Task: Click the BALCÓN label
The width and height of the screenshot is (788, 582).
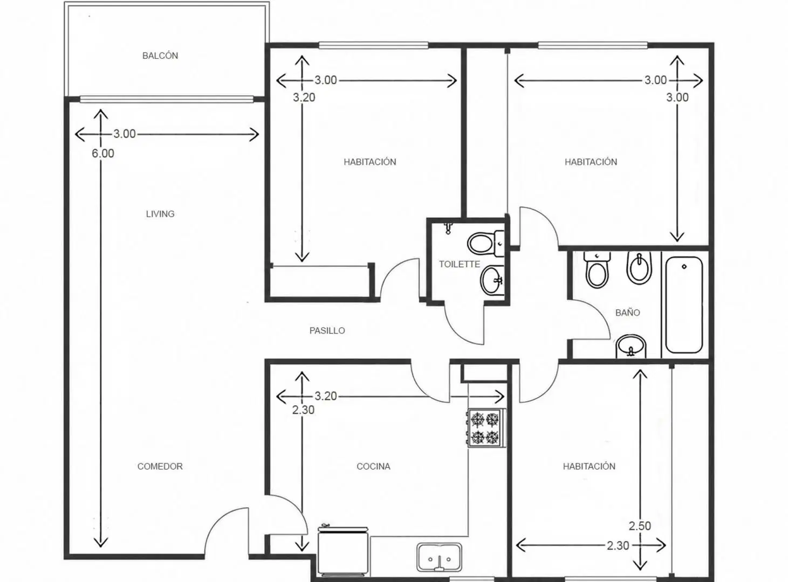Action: [x=160, y=56]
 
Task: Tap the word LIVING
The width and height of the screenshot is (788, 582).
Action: [x=160, y=214]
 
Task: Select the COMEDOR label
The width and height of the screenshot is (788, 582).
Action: [x=160, y=466]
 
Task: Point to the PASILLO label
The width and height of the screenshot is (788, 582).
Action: [x=327, y=330]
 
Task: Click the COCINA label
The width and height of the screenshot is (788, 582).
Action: [x=373, y=466]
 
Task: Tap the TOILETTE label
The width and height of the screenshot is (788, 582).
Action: [x=460, y=264]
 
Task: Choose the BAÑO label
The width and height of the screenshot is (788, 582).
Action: [x=628, y=313]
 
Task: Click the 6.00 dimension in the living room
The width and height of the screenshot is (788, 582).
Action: [x=103, y=154]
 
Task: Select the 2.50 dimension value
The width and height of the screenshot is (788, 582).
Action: [x=640, y=526]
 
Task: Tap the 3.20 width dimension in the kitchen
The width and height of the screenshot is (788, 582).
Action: [x=326, y=396]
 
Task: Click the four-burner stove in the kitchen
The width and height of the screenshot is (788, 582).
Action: [x=485, y=428]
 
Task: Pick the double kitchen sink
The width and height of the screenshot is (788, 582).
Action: [x=440, y=557]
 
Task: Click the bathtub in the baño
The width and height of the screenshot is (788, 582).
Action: [x=684, y=304]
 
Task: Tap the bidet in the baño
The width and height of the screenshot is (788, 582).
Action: [x=640, y=268]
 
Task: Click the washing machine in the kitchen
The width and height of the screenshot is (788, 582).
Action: [x=343, y=551]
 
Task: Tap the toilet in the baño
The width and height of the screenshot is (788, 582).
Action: [x=597, y=269]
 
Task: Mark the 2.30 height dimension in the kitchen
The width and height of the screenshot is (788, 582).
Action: [x=304, y=410]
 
